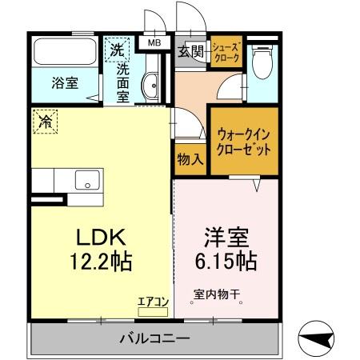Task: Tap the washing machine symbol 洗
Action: (118, 47)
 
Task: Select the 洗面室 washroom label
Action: (124, 81)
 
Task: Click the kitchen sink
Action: (86, 179)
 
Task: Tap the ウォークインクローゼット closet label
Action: (244, 142)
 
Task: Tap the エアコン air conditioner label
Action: (152, 302)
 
